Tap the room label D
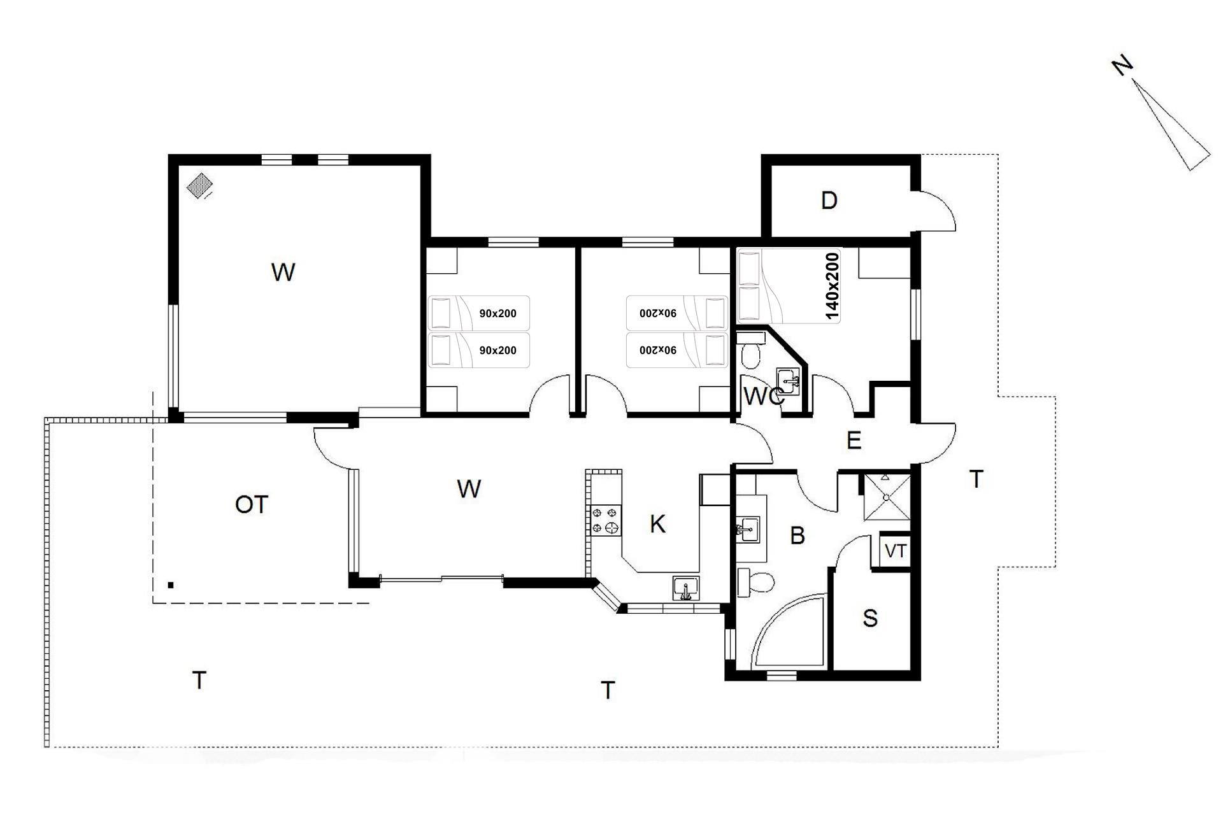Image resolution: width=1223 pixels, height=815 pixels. [829, 201]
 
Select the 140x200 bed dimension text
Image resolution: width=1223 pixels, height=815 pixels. [832, 285]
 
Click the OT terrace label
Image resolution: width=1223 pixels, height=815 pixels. [252, 505]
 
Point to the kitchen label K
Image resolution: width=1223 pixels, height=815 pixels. [657, 524]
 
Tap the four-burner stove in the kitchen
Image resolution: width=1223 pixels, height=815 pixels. [605, 520]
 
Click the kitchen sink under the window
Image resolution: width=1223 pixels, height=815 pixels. [685, 588]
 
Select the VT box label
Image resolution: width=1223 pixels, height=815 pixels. [895, 551]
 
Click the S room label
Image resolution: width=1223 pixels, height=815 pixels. [870, 618]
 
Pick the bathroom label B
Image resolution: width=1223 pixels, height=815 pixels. [797, 535]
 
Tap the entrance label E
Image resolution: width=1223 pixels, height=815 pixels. [854, 441]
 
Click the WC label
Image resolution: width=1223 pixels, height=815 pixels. [763, 397]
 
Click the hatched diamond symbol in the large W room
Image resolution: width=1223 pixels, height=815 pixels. [200, 186]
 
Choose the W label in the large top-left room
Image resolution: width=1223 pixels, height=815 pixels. [283, 273]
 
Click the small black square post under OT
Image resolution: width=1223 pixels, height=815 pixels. [171, 585]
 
